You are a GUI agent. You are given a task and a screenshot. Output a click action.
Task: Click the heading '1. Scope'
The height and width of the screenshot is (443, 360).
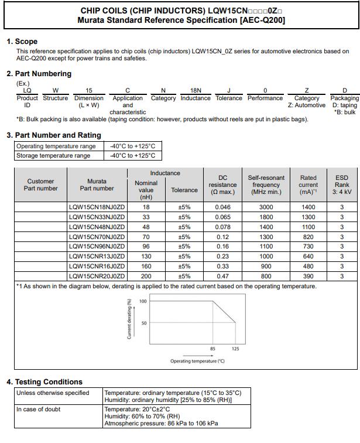click(22, 42)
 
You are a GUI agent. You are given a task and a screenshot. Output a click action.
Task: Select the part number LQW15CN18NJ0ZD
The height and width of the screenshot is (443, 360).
click(97, 207)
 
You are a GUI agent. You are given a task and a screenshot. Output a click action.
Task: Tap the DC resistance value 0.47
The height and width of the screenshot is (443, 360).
click(222, 276)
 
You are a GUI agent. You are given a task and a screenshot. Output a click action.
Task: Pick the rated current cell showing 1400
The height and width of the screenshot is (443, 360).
click(308, 207)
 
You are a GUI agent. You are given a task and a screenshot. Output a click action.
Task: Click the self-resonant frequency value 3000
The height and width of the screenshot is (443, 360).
click(266, 207)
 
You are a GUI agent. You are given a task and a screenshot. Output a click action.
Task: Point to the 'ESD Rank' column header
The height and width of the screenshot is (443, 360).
click(342, 185)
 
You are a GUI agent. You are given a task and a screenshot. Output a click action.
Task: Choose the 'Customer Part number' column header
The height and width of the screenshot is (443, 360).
click(40, 185)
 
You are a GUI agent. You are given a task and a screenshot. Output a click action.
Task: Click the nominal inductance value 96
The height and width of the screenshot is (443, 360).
click(146, 247)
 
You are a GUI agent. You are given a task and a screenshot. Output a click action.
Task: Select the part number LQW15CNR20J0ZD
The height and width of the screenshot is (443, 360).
click(97, 276)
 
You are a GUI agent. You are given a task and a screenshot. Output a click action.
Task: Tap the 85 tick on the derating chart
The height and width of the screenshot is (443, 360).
click(212, 349)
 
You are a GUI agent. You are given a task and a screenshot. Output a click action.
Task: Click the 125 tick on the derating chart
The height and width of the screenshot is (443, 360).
click(235, 349)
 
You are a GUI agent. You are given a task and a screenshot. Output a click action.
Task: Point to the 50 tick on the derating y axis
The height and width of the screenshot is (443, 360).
click(143, 323)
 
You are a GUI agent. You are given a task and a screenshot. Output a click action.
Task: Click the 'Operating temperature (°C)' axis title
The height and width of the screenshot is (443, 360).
click(197, 361)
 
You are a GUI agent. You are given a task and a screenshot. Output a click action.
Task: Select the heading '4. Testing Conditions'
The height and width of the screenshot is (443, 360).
click(44, 381)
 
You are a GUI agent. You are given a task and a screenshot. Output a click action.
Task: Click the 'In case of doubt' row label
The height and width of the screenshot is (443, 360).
click(38, 409)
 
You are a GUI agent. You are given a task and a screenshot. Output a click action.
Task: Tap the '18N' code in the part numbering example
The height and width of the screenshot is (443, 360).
click(196, 90)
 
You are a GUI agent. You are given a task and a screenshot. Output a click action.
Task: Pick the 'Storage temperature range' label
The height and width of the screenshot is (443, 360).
click(53, 155)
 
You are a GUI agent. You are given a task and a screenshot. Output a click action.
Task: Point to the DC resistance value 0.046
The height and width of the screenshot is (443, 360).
click(222, 207)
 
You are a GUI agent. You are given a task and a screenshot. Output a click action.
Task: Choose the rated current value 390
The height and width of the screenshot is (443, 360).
click(308, 276)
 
